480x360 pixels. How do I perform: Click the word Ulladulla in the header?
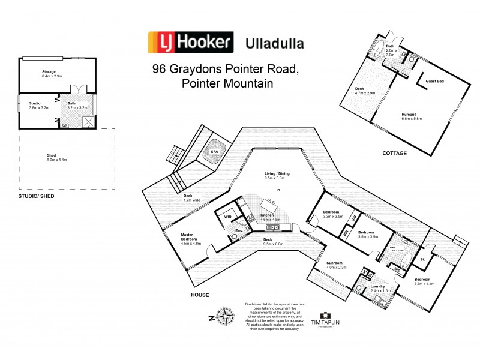point(274,43)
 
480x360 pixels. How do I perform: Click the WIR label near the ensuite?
point(227,216)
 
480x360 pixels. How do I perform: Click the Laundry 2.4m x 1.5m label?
point(380,289)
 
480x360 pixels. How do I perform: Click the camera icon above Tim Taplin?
point(325,314)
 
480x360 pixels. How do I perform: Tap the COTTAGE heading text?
point(395,154)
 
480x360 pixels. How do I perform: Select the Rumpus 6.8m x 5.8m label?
point(412,116)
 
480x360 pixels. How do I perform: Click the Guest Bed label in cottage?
point(435,81)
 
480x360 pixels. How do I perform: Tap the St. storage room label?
point(422,260)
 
